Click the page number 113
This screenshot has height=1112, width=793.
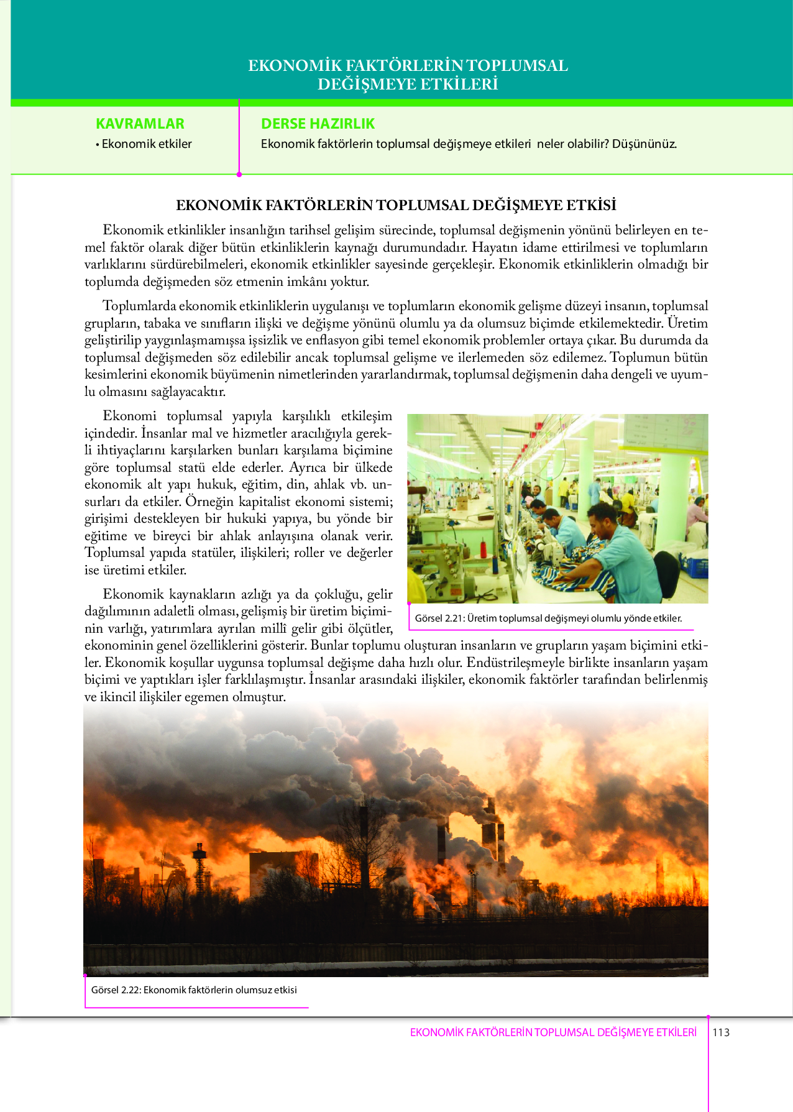coord(721,1032)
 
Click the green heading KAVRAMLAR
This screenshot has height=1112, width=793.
coord(140,124)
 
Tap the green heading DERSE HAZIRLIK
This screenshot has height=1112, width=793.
coord(318,124)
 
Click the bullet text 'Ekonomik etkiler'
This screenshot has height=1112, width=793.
coord(147,144)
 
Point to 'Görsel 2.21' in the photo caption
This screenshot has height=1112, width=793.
coord(439,618)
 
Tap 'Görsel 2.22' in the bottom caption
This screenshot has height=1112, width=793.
coord(115,990)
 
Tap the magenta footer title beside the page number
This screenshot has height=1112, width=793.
coord(553,1032)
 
